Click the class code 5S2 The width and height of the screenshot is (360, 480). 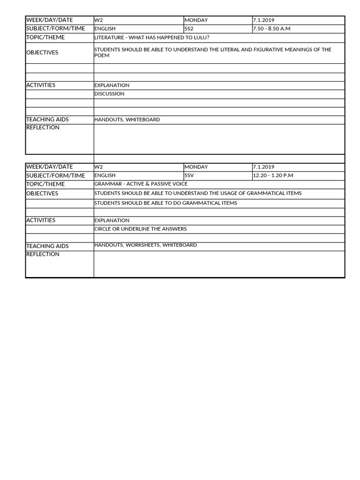[189, 29]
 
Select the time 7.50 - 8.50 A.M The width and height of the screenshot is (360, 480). [271, 29]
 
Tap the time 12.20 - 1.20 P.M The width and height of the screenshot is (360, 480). [273, 175]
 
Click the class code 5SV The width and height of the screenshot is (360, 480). [189, 175]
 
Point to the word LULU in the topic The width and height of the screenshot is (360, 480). [198, 37]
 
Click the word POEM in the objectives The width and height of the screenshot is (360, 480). [102, 55]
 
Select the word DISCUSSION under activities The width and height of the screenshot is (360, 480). [109, 94]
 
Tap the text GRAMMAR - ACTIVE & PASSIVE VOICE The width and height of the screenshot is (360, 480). [141, 184]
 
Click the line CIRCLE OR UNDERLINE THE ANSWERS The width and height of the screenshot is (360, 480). [140, 229]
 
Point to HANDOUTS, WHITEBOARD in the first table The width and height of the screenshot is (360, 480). [127, 120]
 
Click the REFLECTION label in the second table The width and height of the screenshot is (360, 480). [43, 254]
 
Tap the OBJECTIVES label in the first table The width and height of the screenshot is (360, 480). [42, 52]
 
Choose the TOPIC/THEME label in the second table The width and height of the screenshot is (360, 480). [45, 184]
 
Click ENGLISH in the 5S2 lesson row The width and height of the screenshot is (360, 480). [105, 29]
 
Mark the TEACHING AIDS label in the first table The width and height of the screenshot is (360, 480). [47, 120]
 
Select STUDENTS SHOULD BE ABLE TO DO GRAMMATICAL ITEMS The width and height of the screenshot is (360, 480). [165, 203]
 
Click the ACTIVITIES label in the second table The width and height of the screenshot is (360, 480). [41, 220]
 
